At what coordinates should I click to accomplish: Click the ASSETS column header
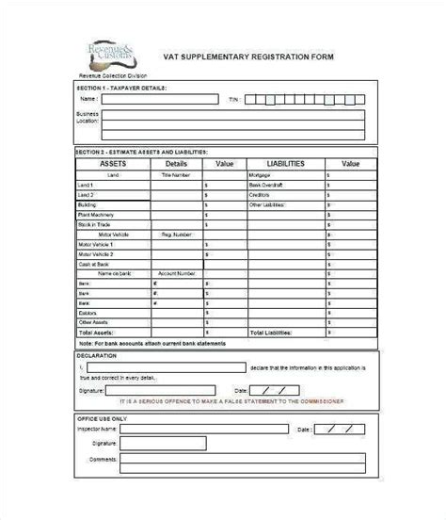111,164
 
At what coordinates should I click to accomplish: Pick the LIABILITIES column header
286,164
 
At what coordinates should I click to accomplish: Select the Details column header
177,164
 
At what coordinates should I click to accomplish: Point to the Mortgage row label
261,174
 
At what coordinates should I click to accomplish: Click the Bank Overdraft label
265,186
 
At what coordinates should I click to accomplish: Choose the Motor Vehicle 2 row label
96,254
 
